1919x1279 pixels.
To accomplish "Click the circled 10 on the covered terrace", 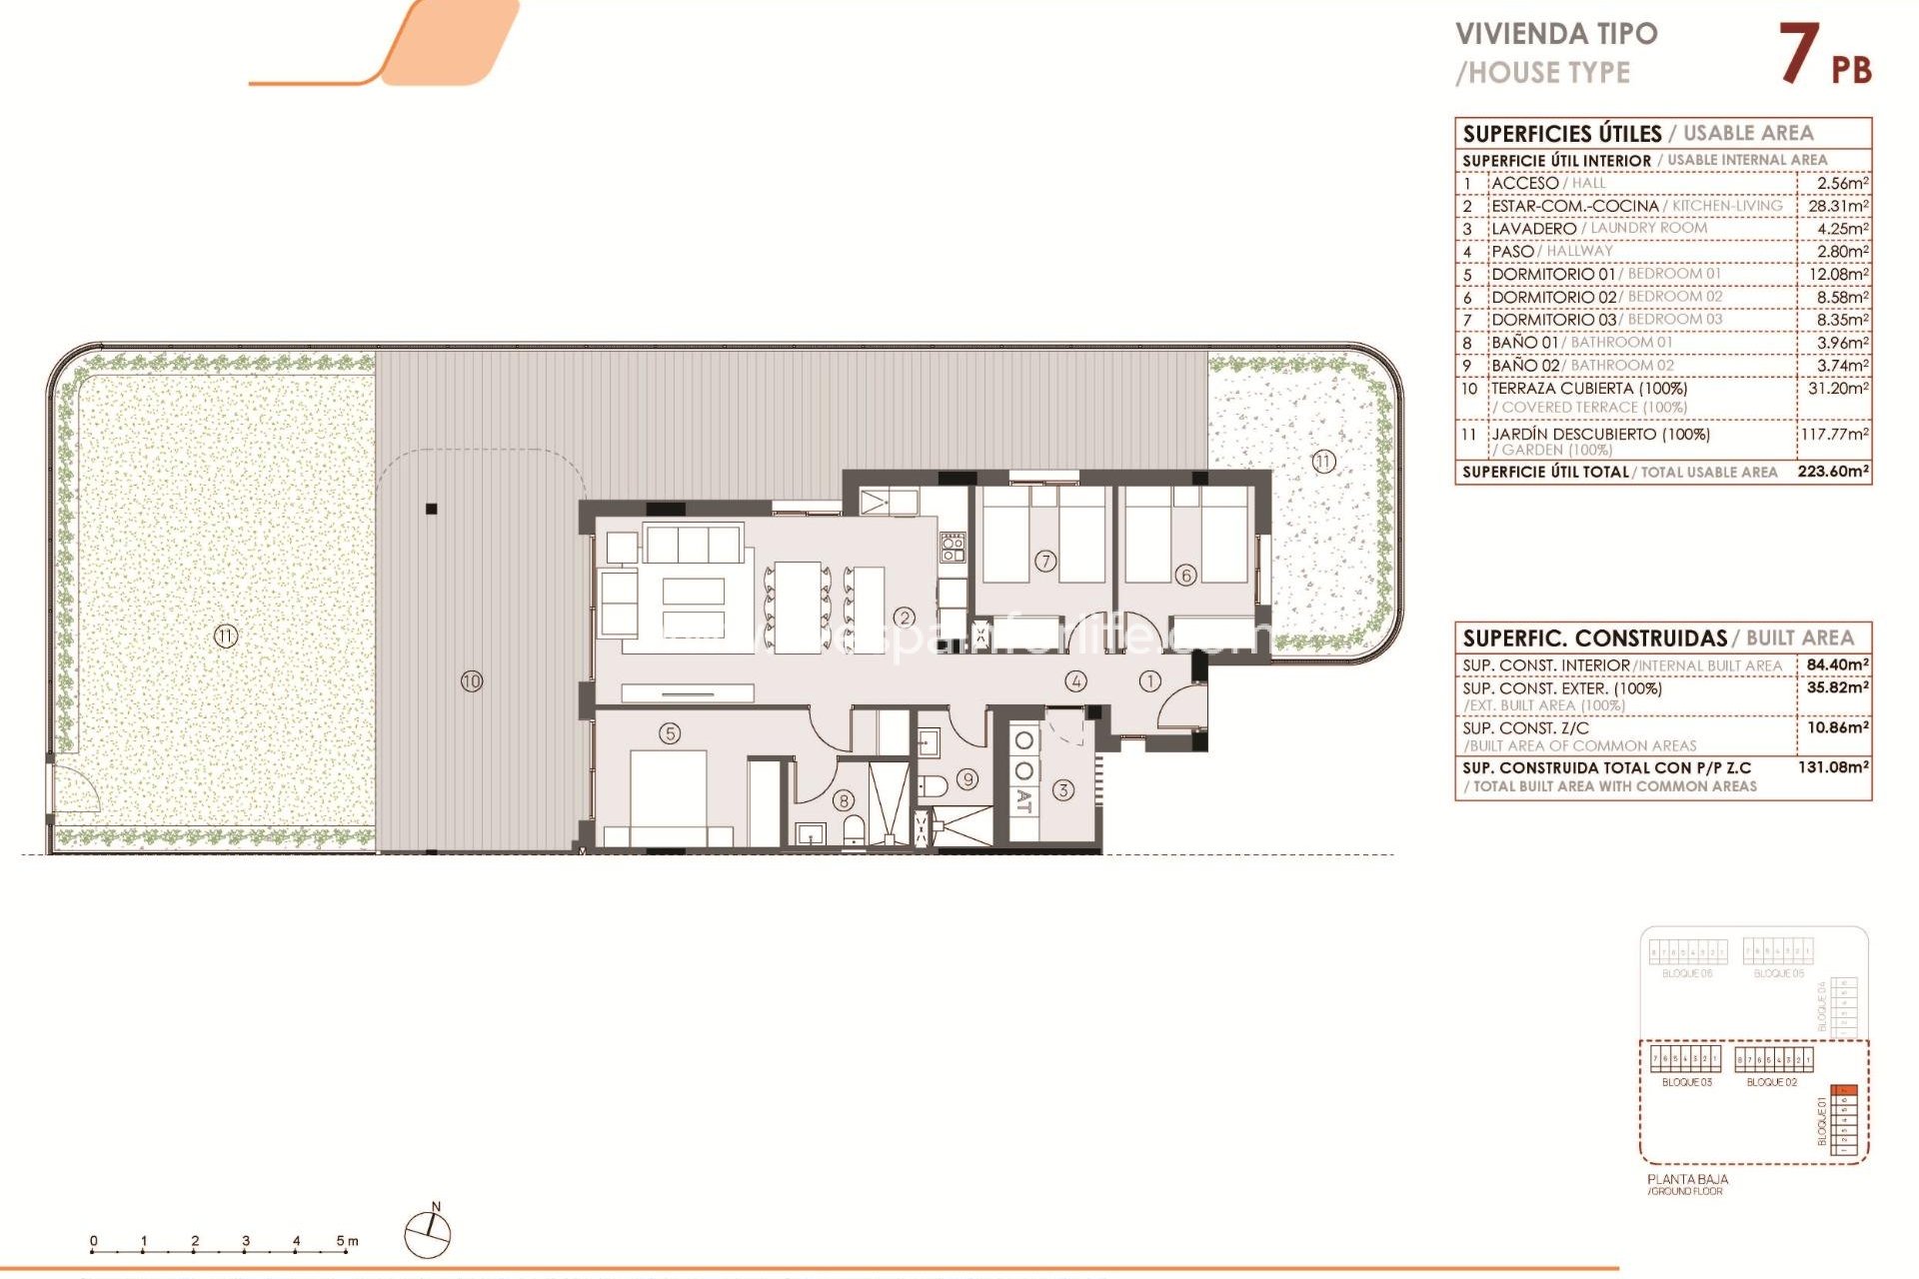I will pos(471,681).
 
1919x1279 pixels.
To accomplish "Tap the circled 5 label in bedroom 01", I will pos(670,733).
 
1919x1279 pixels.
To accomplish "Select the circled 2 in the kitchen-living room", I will pos(904,618).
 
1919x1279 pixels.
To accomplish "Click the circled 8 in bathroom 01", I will pos(844,800).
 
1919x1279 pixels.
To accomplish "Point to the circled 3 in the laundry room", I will pos(1062,790).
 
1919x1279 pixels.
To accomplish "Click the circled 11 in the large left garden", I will pos(225,636).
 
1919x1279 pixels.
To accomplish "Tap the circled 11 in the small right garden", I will pos(1323,462).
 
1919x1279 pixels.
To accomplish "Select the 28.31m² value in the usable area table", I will pos(1837,206).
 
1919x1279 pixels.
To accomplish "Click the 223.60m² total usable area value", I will pos(1832,472).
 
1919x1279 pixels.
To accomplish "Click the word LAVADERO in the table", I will pos(1533,229).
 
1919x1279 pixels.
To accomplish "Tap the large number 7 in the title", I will pos(1798,54).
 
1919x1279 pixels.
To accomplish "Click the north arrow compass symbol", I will pos(428,1234).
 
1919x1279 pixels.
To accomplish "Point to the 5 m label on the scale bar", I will pos(347,1241).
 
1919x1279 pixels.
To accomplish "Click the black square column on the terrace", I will pos(432,509).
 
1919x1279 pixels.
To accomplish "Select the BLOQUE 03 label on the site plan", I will pos(1686,1082).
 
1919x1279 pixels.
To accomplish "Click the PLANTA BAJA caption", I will pos(1687,1179).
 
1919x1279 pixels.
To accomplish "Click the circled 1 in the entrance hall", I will pos(1149,681).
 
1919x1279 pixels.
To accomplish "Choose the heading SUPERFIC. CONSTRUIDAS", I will pos(1594,639).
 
